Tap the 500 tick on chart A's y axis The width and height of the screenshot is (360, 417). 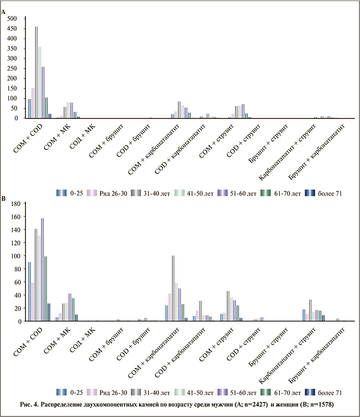coord(12,18)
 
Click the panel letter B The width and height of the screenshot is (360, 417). coord(4,198)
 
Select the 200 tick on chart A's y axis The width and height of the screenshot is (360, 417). coord(12,78)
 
